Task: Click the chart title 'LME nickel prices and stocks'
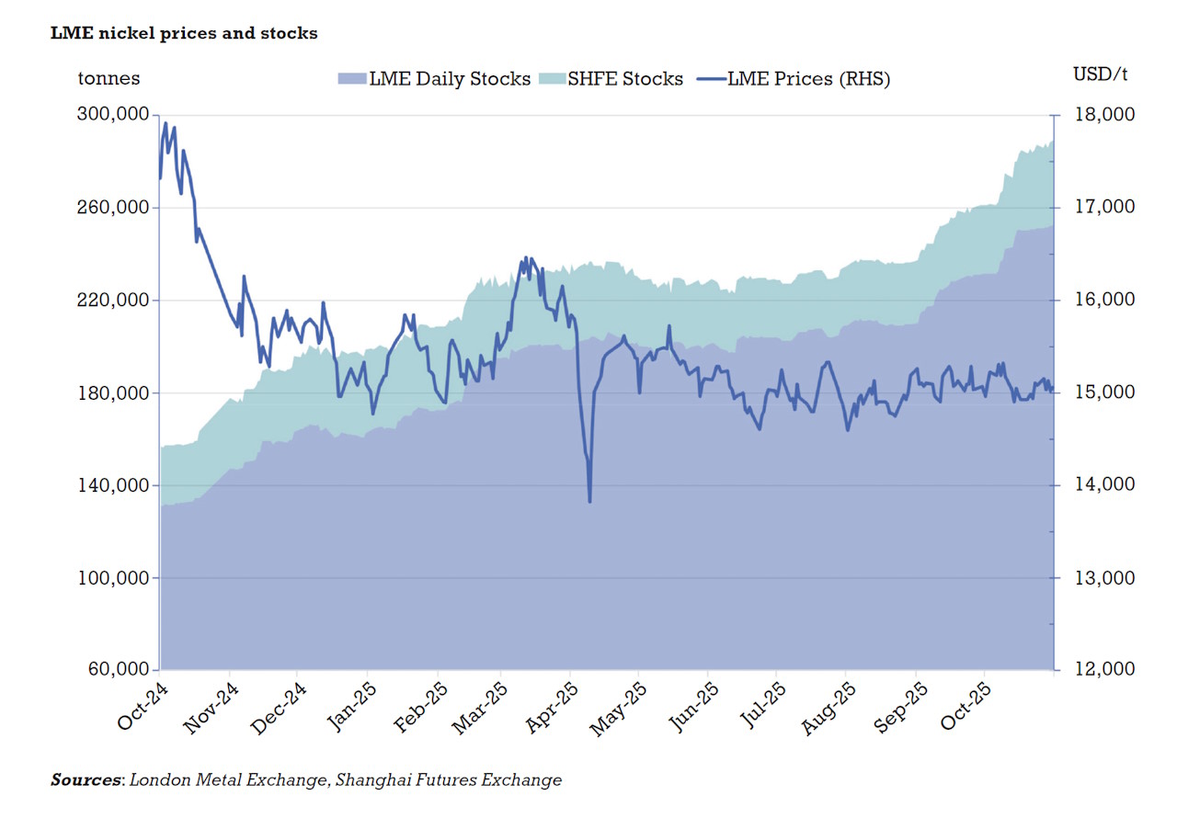click(184, 33)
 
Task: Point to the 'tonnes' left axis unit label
click(109, 78)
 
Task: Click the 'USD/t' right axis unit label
click(1100, 74)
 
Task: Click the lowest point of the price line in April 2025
click(589, 501)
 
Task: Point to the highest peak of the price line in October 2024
click(166, 123)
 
